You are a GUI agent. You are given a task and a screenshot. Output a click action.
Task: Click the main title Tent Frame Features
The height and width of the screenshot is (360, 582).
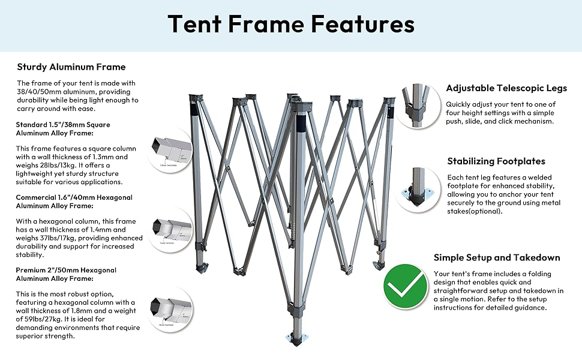pyautogui.click(x=291, y=24)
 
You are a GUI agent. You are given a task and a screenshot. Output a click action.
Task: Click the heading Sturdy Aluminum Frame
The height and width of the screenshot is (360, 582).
pyautogui.click(x=71, y=67)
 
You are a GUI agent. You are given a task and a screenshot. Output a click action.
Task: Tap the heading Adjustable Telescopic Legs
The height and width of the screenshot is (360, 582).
pyautogui.click(x=506, y=88)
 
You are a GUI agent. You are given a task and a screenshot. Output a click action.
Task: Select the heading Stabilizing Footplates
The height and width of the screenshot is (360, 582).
pyautogui.click(x=496, y=161)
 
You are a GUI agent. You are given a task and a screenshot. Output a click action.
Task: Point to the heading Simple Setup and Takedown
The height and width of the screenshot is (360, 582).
pyautogui.click(x=497, y=257)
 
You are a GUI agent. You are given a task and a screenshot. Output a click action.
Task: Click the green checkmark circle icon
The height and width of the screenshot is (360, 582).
pyautogui.click(x=406, y=287)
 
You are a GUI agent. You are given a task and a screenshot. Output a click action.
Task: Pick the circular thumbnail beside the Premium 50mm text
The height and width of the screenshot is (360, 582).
pyautogui.click(x=170, y=308)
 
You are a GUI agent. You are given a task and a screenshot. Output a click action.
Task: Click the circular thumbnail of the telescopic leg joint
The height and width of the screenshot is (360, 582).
pyautogui.click(x=419, y=106)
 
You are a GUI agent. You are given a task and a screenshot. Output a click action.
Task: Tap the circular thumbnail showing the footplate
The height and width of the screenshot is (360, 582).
pyautogui.click(x=419, y=188)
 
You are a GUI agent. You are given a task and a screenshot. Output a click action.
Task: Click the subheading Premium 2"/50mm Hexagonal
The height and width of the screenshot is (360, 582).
pyautogui.click(x=67, y=270)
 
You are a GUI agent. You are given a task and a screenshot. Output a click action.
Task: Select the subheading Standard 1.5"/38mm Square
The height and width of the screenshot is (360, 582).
pyautogui.click(x=64, y=124)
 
